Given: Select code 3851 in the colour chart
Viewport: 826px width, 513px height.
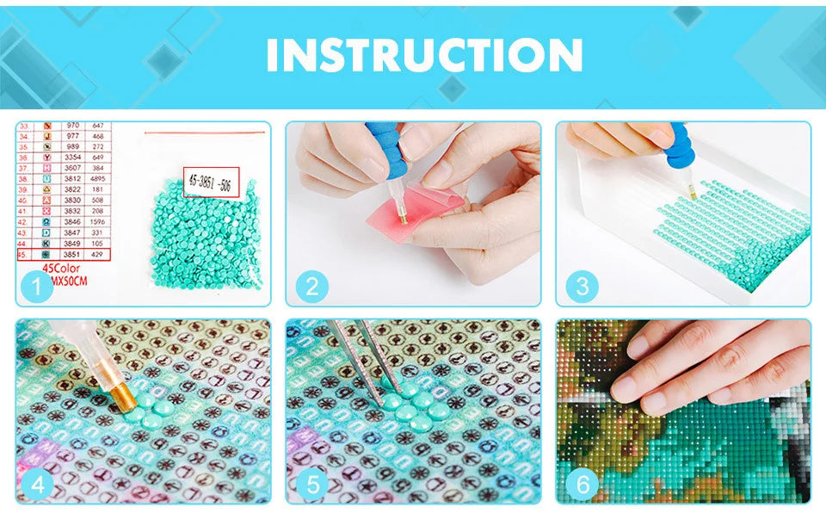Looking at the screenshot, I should tap(72, 256).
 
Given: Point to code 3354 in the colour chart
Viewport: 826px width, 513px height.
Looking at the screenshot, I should tap(72, 157).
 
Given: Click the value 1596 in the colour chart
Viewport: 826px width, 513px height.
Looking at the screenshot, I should tap(99, 221).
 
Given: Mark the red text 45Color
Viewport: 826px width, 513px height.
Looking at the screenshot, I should tap(61, 269).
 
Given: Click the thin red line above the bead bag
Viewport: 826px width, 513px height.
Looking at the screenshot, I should tap(201, 133).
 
